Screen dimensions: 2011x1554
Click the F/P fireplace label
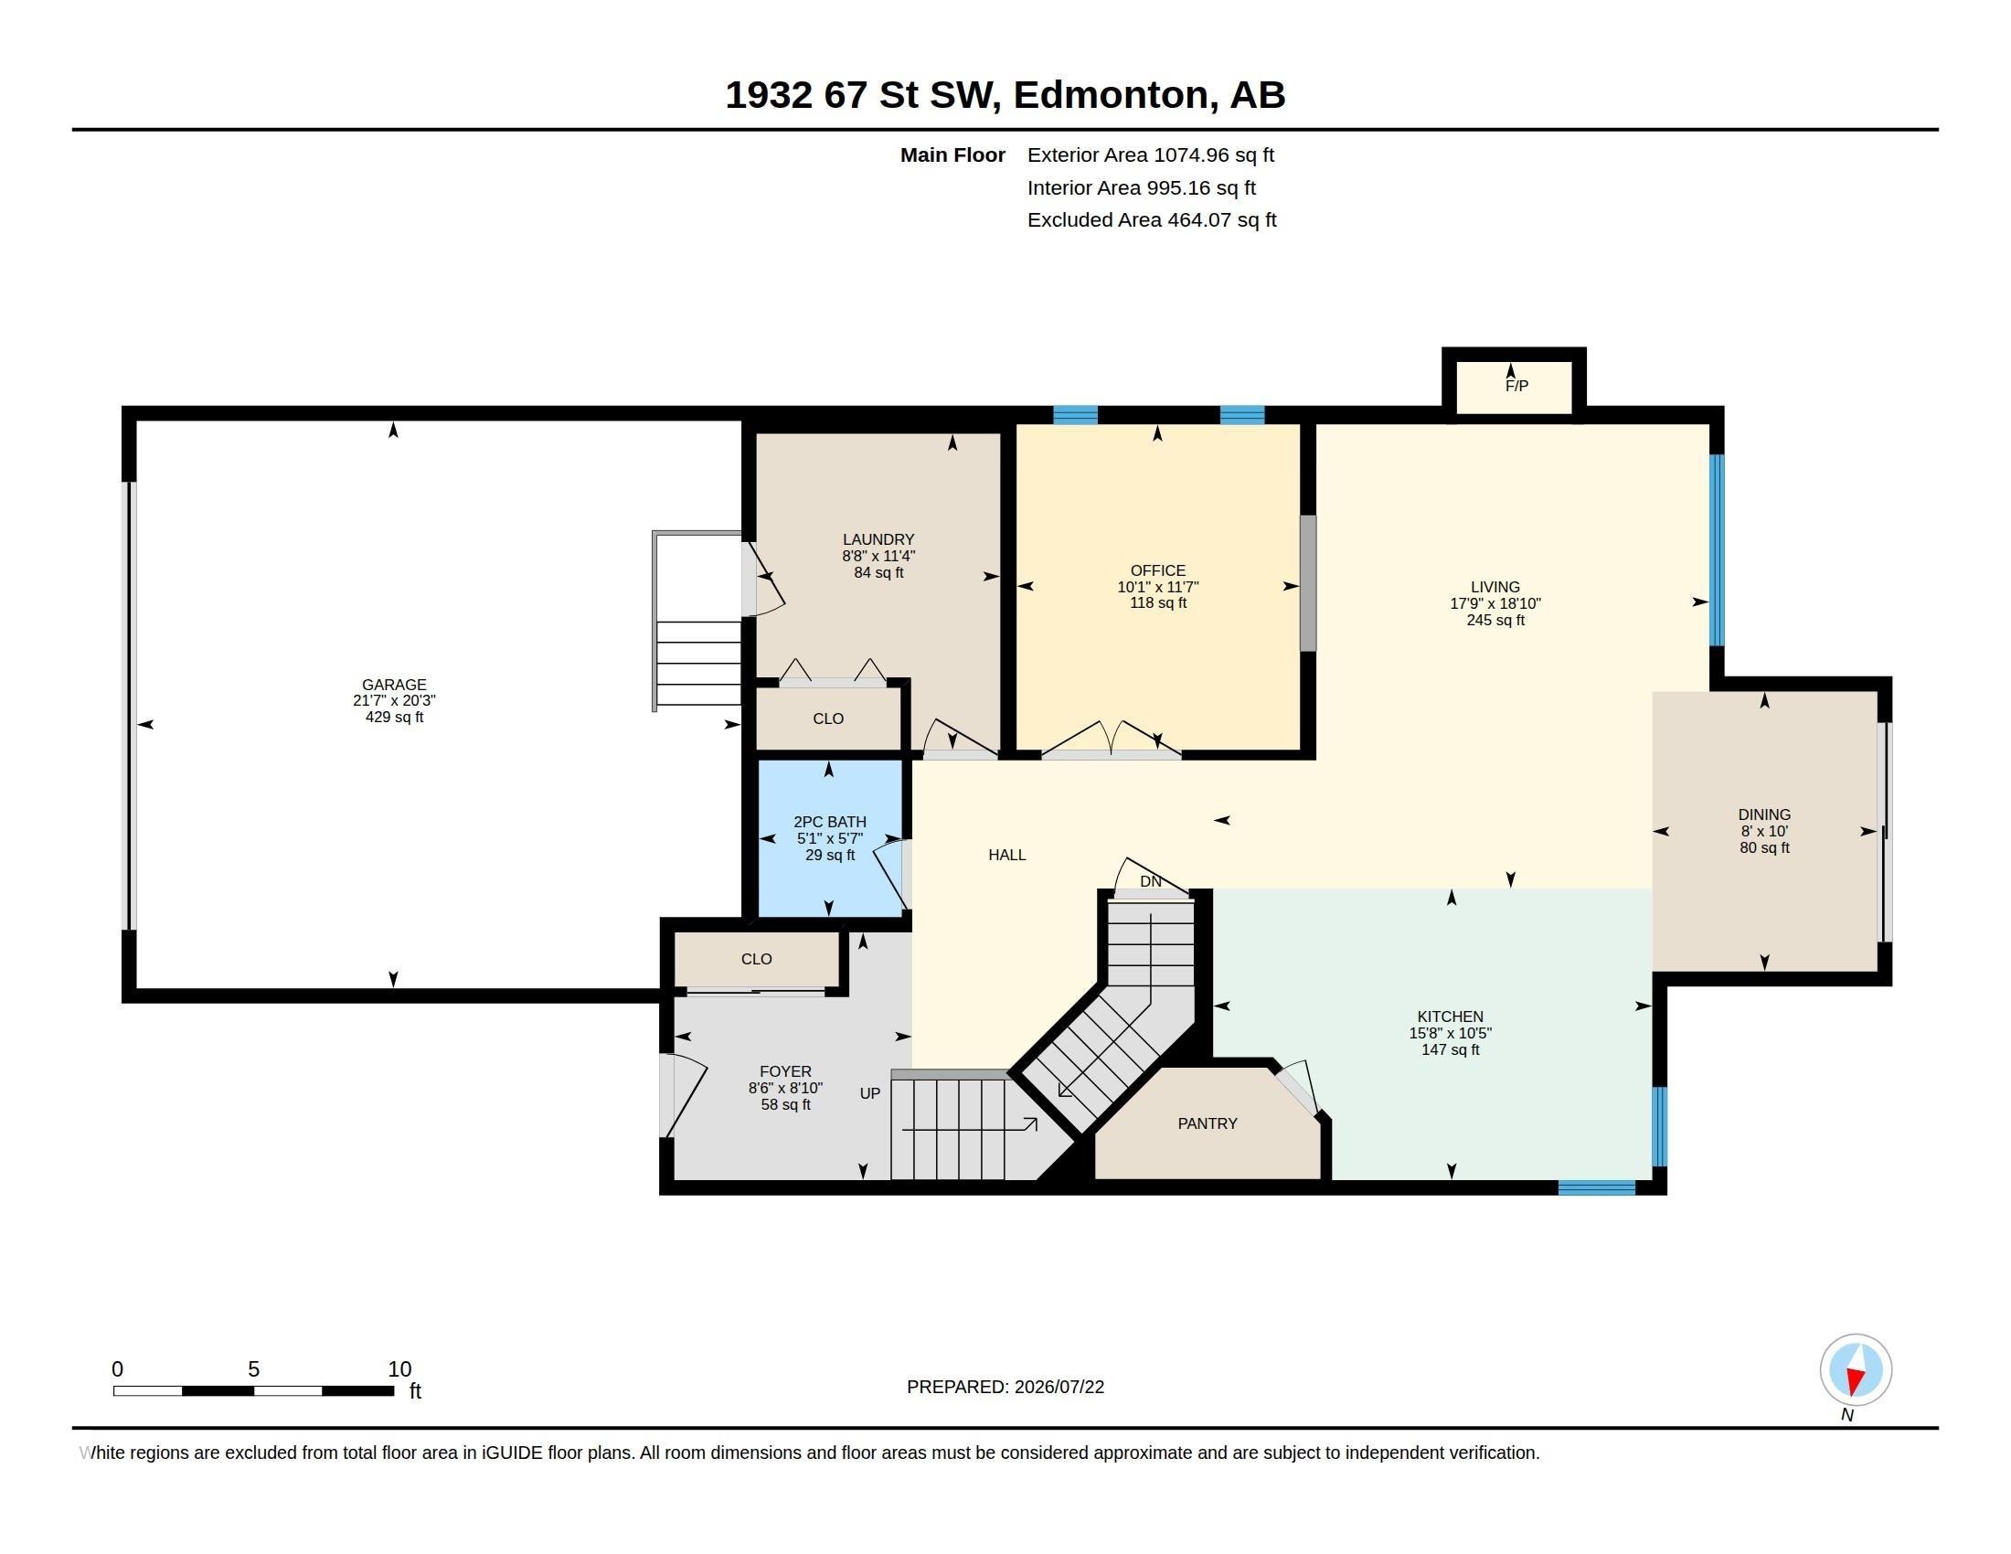coord(1516,386)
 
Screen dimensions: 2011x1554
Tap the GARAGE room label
coord(394,684)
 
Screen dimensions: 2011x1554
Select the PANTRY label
coord(1208,1123)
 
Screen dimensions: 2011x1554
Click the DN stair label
coord(1150,881)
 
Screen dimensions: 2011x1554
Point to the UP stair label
coord(870,1092)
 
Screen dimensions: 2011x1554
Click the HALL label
coord(1006,855)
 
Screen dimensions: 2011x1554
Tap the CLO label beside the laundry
coord(828,718)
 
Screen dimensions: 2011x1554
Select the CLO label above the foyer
coord(756,958)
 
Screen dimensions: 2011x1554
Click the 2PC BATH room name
coord(830,822)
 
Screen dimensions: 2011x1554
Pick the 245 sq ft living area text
coord(1495,621)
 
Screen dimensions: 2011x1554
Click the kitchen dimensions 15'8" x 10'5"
coord(1451,1033)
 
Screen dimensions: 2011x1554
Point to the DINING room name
coord(1764,814)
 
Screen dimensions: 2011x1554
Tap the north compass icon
coord(1856,1370)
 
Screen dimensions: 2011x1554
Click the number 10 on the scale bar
coord(399,1369)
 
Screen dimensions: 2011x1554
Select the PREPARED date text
coord(1005,1387)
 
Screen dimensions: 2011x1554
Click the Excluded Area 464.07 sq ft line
coord(1152,220)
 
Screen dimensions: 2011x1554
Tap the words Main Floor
coord(952,154)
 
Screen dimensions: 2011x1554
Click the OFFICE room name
coord(1157,570)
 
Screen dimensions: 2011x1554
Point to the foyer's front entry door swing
coord(683,1095)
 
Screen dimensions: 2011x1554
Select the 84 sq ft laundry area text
coord(878,572)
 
